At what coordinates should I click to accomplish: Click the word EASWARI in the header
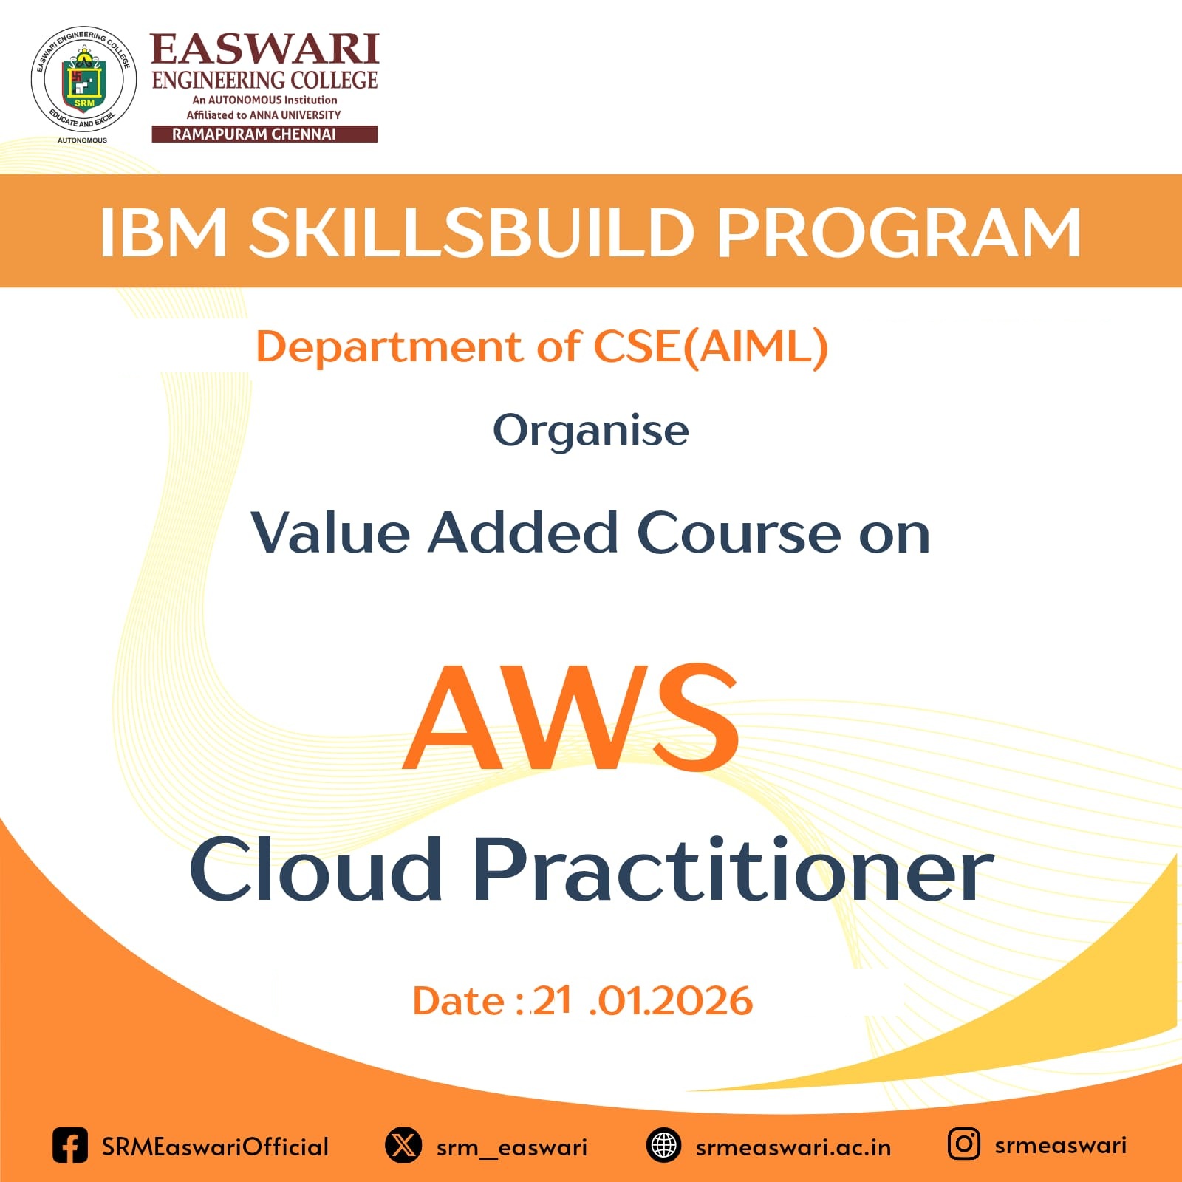click(264, 49)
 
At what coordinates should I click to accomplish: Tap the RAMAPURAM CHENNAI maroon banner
click(264, 134)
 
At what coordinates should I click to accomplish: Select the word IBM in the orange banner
click(163, 232)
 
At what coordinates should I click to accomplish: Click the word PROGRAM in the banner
click(899, 232)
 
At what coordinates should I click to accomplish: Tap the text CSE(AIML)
click(711, 346)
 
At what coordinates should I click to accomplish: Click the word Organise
click(591, 431)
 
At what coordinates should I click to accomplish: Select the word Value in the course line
click(330, 532)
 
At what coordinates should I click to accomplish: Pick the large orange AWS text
click(572, 717)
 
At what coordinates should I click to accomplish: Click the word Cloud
click(315, 869)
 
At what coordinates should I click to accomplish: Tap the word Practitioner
click(733, 869)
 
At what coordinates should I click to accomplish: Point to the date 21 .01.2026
click(642, 1001)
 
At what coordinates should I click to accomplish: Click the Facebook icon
click(70, 1146)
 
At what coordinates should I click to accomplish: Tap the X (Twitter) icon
click(403, 1146)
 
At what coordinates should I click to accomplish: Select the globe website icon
click(663, 1146)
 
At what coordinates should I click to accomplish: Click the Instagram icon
click(964, 1144)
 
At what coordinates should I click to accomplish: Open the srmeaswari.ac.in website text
click(793, 1147)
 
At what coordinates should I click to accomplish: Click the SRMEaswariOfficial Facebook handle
click(215, 1147)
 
